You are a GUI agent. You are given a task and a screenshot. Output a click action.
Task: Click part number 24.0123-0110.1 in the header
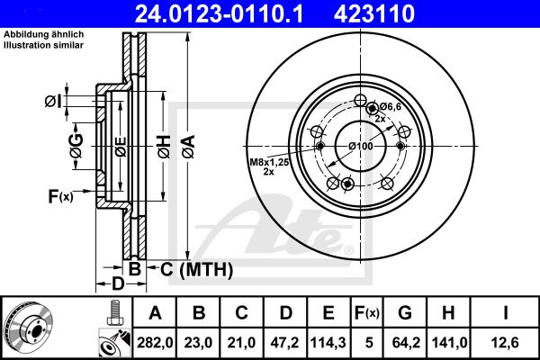pos(219,13)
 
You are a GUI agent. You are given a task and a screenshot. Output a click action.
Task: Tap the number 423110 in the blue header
pos(374,13)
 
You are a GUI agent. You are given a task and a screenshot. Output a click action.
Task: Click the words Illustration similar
pos(43,45)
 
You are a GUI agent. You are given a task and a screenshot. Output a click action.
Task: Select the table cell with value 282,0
pos(155,343)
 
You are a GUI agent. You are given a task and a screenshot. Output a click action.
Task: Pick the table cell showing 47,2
pos(285,343)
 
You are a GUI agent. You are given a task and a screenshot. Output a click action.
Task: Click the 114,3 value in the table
pos(328,343)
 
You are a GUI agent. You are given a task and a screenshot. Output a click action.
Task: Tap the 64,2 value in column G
pos(405,343)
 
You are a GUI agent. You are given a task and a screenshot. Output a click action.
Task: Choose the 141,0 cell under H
pos(449,343)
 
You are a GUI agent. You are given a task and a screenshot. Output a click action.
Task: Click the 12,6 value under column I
pos(505,343)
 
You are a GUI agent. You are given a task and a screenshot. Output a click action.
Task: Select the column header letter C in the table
pos(241,313)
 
